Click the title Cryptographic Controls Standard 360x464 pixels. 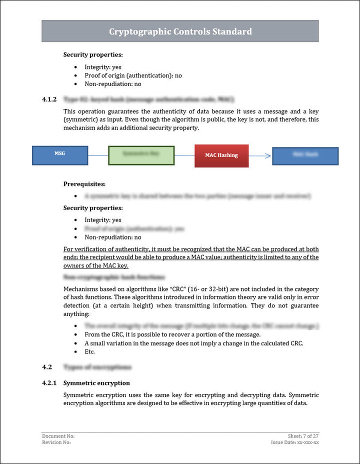tap(180, 31)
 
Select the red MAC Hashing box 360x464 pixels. tap(221, 155)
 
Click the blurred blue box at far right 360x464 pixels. tap(305, 155)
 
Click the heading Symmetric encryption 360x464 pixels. tap(96, 383)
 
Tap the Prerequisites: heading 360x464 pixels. tap(84, 184)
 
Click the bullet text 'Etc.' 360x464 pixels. tap(89, 351)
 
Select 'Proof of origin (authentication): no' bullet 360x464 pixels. tap(133, 75)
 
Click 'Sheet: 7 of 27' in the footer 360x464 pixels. tap(303, 436)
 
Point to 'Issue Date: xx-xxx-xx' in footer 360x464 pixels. tap(295, 442)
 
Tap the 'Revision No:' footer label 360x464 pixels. tap(56, 442)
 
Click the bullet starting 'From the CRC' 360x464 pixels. tap(172, 334)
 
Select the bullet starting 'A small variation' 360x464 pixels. tap(194, 343)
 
